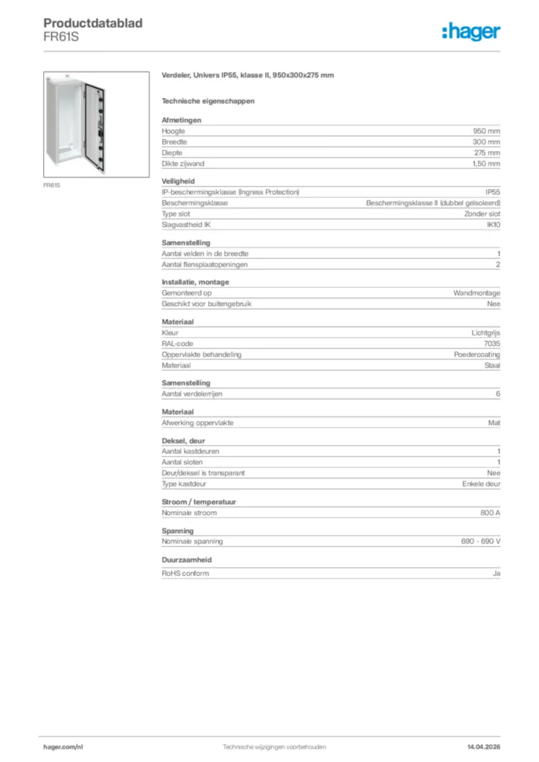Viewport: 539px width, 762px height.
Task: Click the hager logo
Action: (471, 31)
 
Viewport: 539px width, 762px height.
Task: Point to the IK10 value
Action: (493, 225)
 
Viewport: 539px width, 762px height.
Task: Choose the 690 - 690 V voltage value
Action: (480, 542)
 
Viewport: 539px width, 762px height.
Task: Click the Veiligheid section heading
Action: (178, 181)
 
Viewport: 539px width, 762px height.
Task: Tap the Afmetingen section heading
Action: (182, 120)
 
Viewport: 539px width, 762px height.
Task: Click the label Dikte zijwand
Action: (183, 164)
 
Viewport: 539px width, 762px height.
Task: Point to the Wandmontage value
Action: (476, 293)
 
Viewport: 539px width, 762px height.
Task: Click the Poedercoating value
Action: (477, 355)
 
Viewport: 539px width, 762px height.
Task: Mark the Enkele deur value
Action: (481, 484)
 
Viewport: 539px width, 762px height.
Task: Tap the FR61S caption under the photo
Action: (52, 185)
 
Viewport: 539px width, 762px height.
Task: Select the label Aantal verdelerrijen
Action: (193, 394)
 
